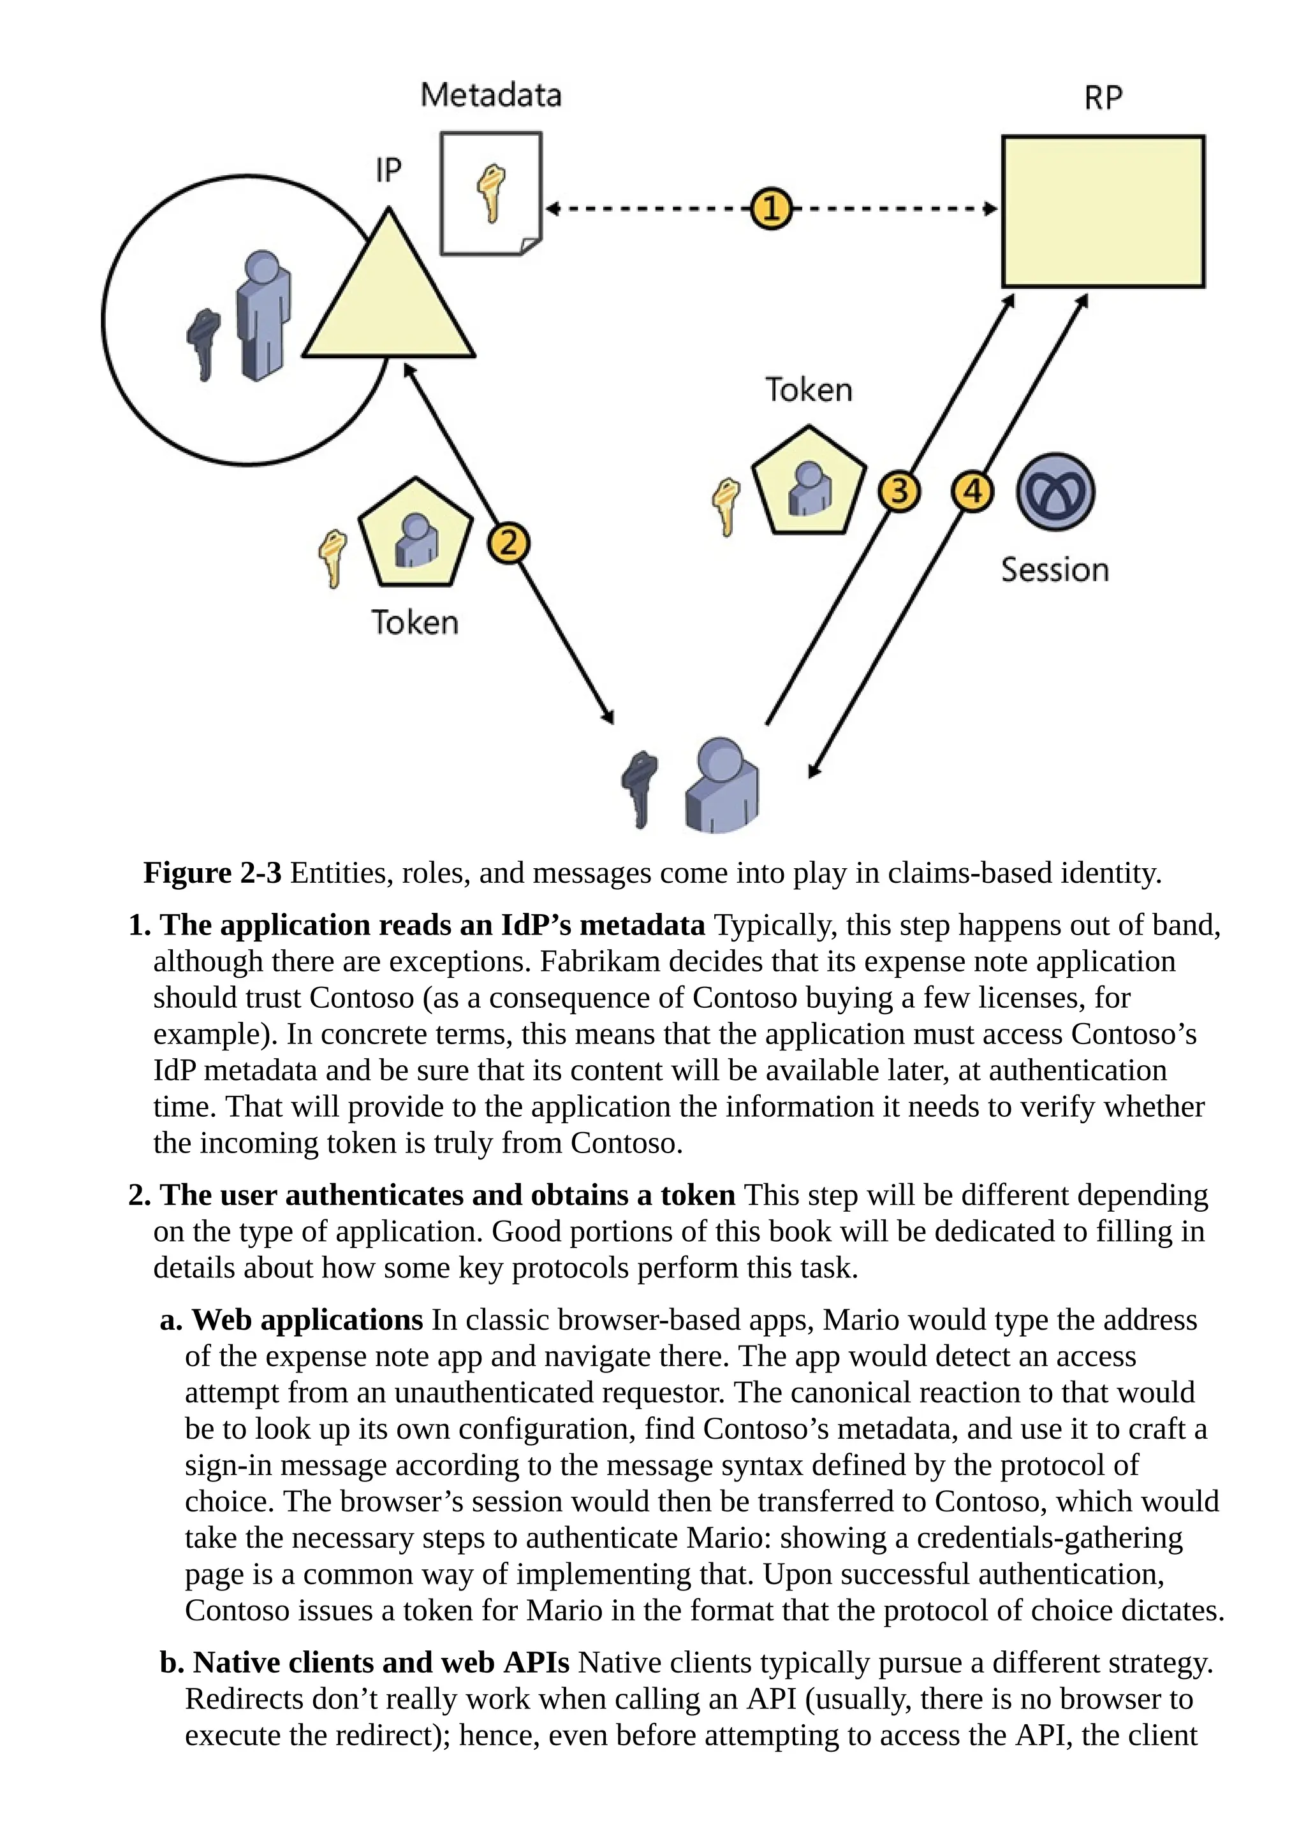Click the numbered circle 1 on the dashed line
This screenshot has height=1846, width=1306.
click(770, 209)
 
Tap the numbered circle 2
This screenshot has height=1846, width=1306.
click(508, 544)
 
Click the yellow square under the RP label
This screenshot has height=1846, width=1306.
click(1103, 212)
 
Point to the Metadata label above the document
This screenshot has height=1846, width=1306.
click(490, 96)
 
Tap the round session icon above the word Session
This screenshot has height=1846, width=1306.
click(1055, 492)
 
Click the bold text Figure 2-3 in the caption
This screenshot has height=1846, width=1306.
click(212, 873)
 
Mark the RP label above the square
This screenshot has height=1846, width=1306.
click(1103, 98)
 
